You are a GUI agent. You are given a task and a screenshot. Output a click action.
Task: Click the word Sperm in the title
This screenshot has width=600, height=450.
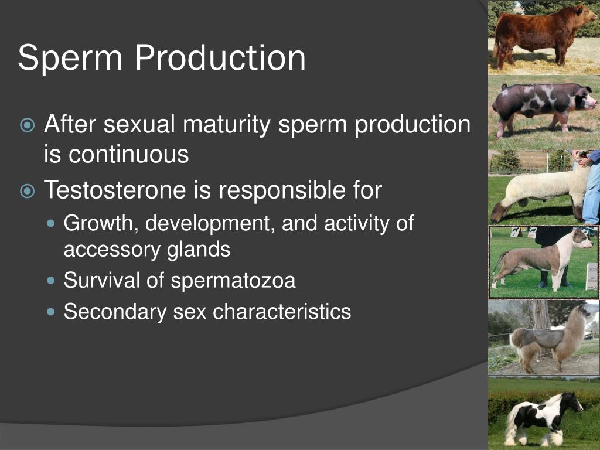(x=70, y=57)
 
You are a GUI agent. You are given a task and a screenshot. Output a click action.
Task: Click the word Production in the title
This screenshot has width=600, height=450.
(x=220, y=57)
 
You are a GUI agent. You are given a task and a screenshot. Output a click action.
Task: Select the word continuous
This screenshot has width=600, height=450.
(x=128, y=154)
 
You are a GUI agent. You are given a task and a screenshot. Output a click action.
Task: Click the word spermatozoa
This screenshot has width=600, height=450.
(x=233, y=281)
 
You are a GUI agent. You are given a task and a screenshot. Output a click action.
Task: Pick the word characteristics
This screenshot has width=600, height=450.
(x=282, y=311)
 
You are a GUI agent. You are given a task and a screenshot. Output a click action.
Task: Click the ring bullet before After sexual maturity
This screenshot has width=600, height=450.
(x=27, y=125)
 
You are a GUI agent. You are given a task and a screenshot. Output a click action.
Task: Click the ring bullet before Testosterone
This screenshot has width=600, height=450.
(x=27, y=190)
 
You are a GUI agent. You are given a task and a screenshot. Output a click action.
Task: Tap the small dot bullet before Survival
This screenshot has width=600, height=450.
(x=51, y=281)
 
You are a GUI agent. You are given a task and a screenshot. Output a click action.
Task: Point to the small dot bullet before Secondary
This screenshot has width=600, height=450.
(x=51, y=312)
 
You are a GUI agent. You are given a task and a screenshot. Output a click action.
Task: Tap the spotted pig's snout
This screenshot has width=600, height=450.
(x=594, y=103)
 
